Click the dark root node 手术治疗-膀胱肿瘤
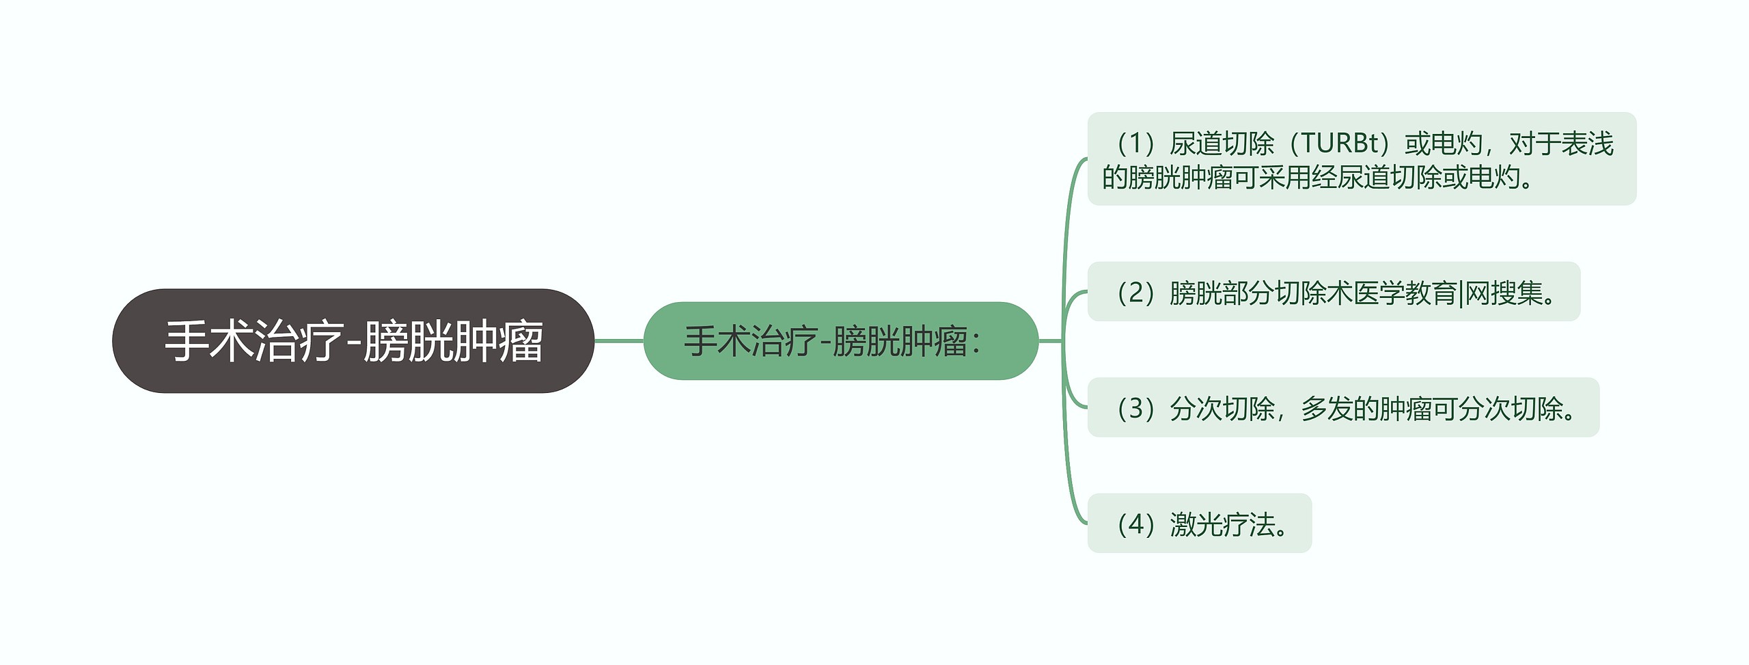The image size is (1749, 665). tap(353, 340)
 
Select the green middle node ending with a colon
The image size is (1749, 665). tap(840, 340)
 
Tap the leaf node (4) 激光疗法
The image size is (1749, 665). tap(1199, 524)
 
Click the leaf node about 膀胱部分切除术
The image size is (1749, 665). tap(1334, 292)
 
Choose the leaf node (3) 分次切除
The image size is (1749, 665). tap(1343, 407)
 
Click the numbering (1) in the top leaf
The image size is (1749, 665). tap(1135, 144)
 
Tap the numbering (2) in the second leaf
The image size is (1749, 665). tap(1135, 293)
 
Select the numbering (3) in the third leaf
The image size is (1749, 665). tap(1135, 408)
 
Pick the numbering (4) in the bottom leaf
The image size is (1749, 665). tap(1135, 524)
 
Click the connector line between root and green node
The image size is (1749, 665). tap(619, 340)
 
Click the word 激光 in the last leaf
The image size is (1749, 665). tap(1196, 524)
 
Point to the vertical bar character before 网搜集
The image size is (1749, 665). tap(1461, 293)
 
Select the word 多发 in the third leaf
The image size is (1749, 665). tap(1327, 408)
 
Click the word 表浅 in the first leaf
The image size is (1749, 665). tap(1587, 144)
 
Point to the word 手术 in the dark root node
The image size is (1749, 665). tap(209, 340)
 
